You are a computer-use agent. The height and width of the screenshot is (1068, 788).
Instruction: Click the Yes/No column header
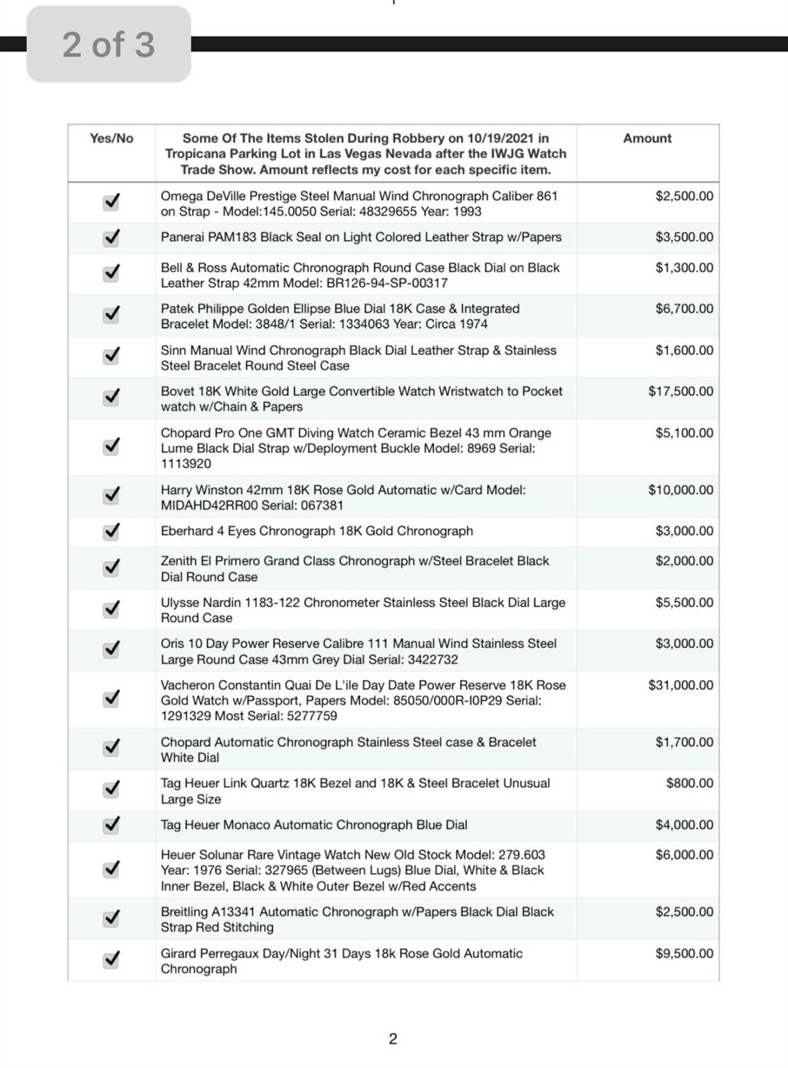point(111,138)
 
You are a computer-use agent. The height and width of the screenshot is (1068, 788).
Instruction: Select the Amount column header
point(647,138)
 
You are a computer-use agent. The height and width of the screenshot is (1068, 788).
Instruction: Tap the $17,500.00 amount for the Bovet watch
point(680,391)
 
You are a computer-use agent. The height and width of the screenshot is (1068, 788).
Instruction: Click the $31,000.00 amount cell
point(680,685)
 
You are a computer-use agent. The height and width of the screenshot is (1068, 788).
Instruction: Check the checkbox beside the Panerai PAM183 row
point(111,237)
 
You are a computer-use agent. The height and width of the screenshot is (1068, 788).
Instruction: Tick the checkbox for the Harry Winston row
point(111,496)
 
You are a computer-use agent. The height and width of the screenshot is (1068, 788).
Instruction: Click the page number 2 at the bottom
point(393,1038)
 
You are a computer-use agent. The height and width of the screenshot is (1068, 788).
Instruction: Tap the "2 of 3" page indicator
point(109,44)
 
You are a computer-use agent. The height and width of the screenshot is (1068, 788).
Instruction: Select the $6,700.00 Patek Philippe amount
point(684,309)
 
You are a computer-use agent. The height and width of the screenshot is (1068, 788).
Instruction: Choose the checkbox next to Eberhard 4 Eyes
point(111,531)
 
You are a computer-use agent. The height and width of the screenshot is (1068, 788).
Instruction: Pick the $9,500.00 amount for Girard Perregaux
point(684,954)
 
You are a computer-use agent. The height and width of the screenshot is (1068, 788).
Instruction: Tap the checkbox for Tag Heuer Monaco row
point(111,825)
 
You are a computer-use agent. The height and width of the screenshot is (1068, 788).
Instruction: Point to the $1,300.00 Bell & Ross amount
point(684,268)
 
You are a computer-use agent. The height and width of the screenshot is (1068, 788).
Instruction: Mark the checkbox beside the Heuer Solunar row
point(111,870)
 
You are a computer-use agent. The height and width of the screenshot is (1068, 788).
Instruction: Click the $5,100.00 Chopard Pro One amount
point(684,433)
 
